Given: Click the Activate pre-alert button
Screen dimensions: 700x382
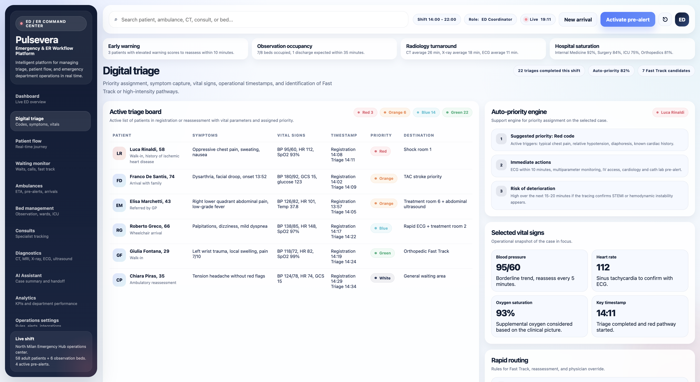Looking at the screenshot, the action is point(627,20).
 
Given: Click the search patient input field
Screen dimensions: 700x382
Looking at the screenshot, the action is point(258,20).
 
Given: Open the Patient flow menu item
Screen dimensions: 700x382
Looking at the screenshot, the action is point(50,144).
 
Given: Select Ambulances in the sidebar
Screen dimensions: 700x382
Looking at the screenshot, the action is point(50,189).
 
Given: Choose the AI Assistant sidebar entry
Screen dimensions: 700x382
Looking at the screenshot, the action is point(50,278).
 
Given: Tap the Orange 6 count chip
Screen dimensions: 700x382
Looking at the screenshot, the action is point(395,112).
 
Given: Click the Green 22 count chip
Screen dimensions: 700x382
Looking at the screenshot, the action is point(457,112).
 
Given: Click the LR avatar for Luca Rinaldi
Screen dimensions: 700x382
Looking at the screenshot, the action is point(119,154).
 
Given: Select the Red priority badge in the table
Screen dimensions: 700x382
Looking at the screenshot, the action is point(380,151).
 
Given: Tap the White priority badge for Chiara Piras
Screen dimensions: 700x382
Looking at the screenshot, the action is point(382,278).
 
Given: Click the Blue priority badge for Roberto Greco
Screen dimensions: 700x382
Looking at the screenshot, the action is point(381,228).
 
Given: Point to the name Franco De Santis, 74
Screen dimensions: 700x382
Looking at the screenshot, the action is point(152,177).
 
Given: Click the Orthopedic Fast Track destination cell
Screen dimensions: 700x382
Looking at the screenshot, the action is point(426,251).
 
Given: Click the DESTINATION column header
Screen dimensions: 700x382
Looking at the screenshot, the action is point(419,135).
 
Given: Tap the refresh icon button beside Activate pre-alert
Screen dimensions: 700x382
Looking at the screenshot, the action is point(665,20).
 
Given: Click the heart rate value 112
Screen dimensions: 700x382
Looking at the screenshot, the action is point(603,267).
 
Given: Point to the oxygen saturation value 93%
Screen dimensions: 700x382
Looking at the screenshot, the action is point(505,313).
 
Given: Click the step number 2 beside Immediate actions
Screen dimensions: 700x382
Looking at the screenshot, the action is point(501,165).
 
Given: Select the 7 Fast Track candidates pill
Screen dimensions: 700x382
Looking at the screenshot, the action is point(666,71).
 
